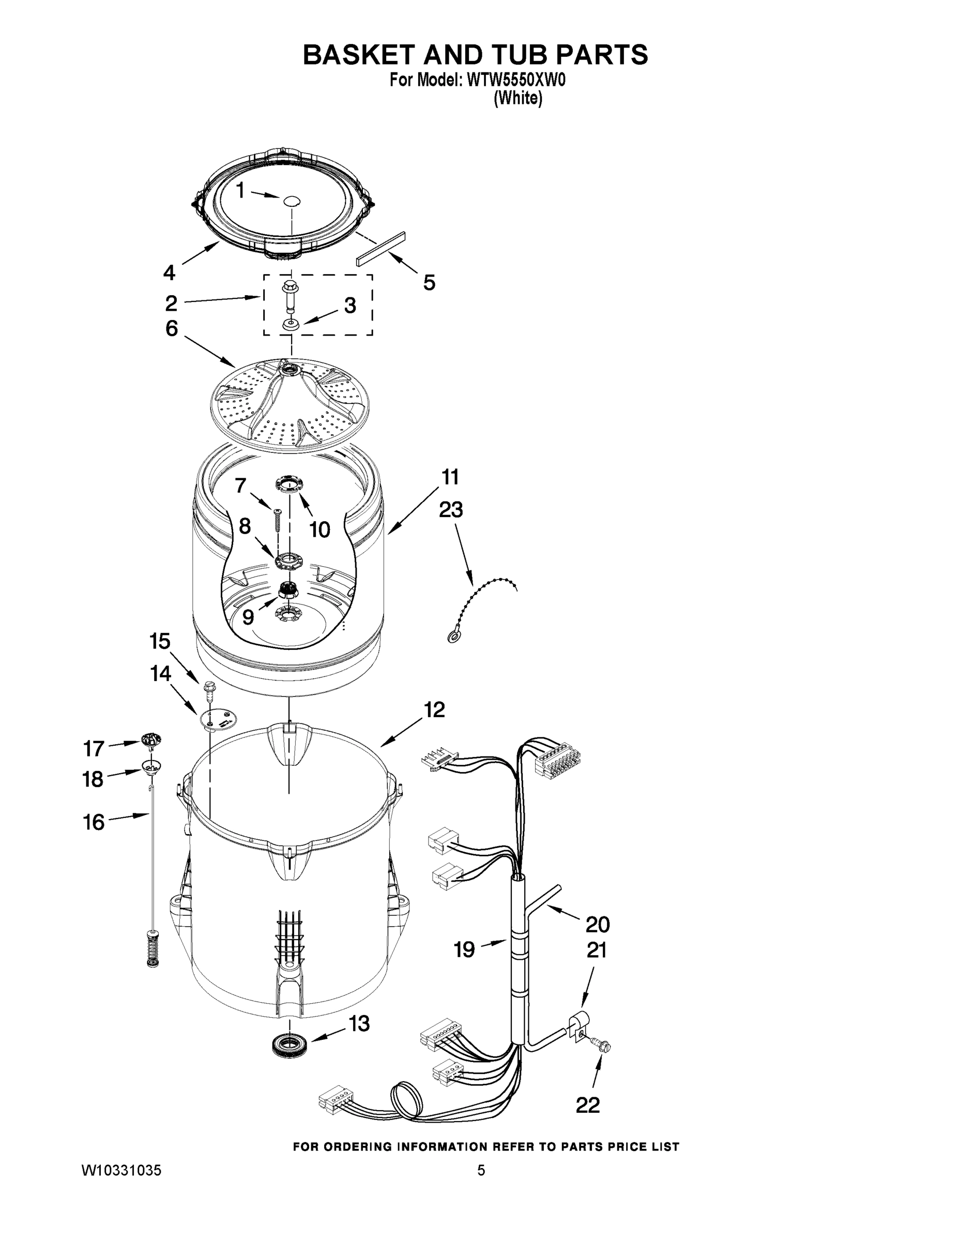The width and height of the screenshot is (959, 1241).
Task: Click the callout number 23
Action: coord(450,510)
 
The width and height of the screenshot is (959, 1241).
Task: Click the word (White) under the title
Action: coord(517,99)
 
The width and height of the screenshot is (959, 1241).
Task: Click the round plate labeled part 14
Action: coord(218,719)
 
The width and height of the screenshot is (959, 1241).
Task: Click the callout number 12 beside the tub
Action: coord(433,710)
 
